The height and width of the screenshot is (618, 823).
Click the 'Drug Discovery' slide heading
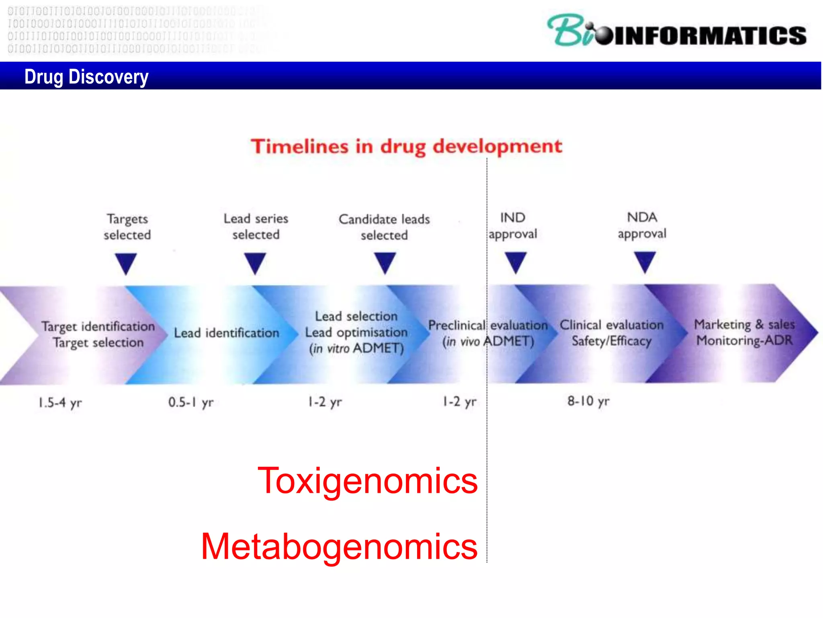pos(86,76)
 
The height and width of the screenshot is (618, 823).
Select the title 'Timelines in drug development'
pos(406,146)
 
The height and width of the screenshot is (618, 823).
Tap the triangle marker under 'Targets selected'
pos(126,263)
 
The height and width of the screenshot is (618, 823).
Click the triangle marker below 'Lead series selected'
pos(255,262)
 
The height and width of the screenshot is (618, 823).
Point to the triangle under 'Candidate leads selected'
pos(385,262)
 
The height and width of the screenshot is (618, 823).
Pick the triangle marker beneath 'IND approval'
pos(516,262)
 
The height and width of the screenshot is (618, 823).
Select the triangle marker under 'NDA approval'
pos(645,262)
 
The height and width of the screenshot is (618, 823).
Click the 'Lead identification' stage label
pos(226,333)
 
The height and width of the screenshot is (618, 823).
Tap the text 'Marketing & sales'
pos(744,324)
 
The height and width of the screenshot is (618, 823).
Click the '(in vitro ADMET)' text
pos(356,348)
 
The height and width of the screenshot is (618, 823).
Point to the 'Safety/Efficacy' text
pos(611,341)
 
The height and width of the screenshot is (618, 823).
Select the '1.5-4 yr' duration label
pos(60,402)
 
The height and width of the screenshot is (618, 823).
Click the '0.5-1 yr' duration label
pos(191,402)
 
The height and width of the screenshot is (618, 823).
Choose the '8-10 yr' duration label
pos(588,401)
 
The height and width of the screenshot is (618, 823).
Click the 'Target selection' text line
pos(98,342)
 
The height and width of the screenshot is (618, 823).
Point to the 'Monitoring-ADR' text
pos(744,341)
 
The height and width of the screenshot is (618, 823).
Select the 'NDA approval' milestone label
pos(642,225)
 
